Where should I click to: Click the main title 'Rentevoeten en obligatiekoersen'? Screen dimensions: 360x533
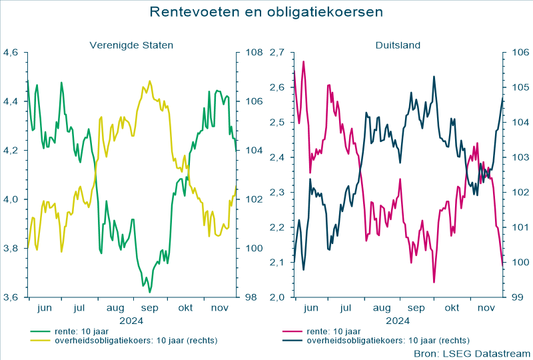(x=266, y=12)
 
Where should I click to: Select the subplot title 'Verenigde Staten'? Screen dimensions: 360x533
(x=132, y=45)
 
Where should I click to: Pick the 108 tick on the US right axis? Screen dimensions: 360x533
(x=254, y=53)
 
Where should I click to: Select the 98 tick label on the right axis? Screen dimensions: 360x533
(x=251, y=297)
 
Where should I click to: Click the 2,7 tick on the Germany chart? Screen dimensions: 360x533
(x=278, y=53)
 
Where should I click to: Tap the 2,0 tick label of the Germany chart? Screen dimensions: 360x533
(x=278, y=297)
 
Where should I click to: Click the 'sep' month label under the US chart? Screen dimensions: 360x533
(x=150, y=309)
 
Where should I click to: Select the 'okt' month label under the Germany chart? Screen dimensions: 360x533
(x=452, y=309)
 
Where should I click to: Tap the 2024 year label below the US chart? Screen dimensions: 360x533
(x=131, y=320)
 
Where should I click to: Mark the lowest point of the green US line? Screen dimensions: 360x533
(x=150, y=292)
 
